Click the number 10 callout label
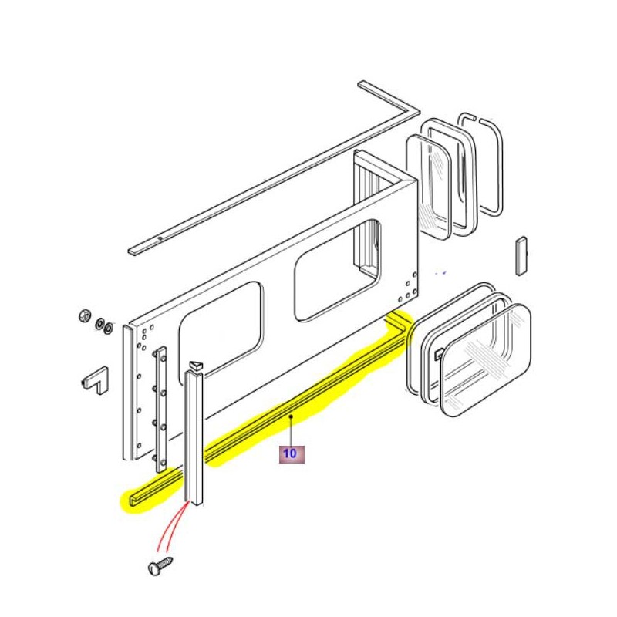[x=292, y=453]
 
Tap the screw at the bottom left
[x=159, y=567]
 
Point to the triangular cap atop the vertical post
[x=195, y=364]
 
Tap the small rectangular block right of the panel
[x=521, y=255]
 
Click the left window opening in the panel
[x=220, y=324]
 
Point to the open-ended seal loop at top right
[x=481, y=166]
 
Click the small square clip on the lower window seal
[x=437, y=356]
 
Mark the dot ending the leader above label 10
[x=291, y=416]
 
